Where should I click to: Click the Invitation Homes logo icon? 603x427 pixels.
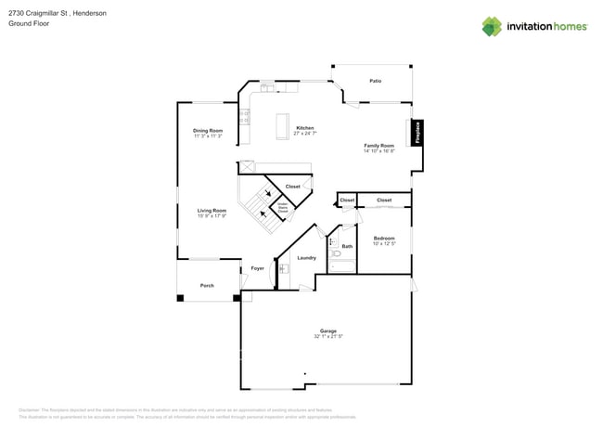point(492,26)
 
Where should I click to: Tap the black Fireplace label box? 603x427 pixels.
point(417,132)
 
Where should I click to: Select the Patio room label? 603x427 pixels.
point(376,81)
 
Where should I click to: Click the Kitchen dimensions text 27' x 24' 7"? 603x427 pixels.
point(304,134)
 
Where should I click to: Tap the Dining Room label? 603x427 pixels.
point(208,130)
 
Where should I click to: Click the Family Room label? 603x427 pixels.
point(378,145)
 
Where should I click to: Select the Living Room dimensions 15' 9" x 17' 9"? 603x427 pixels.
point(212,216)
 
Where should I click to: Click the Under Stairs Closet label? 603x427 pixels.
point(283,209)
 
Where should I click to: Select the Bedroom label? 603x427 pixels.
point(384,238)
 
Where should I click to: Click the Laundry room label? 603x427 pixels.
point(306,257)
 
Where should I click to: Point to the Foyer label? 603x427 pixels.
point(257,268)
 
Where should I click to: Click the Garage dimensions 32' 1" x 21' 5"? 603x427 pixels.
point(328,336)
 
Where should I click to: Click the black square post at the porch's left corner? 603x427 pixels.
point(180,298)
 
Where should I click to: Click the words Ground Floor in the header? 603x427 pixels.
point(29,24)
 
